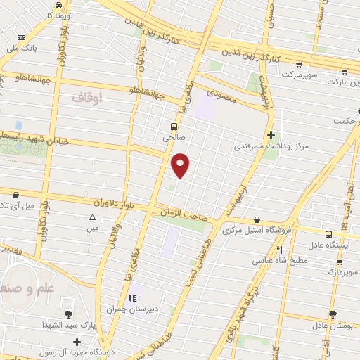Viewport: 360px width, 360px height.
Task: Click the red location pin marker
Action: [x=181, y=165]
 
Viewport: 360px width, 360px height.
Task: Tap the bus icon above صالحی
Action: [x=173, y=127]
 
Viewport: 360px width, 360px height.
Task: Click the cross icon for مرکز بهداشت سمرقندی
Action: [x=271, y=135]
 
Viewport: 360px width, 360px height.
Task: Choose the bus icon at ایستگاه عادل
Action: [x=328, y=234]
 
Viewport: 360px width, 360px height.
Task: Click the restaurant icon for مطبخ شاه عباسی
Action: [x=280, y=250]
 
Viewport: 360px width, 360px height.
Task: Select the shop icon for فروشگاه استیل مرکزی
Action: [x=257, y=219]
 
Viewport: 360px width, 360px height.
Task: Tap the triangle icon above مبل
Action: [x=92, y=217]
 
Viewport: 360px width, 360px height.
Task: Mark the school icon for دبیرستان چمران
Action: [x=132, y=297]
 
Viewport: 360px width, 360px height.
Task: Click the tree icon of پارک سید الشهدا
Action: [x=68, y=314]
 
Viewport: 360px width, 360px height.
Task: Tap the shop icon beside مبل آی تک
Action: [x=15, y=195]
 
